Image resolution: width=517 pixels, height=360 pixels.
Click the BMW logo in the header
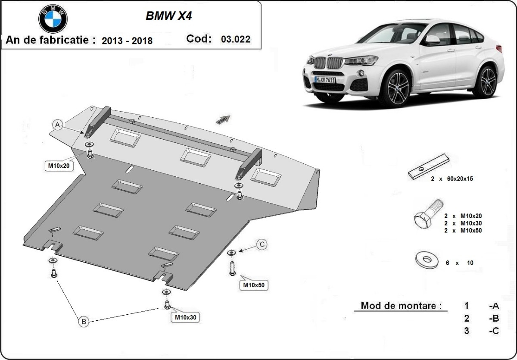click(x=53, y=19)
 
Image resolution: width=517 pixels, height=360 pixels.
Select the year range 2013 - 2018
click(x=127, y=41)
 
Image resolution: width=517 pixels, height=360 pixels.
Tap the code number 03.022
click(x=235, y=39)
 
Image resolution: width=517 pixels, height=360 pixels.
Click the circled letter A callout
click(x=58, y=125)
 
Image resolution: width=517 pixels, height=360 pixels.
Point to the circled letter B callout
click(x=84, y=321)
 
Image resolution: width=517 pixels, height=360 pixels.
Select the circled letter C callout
click(x=261, y=244)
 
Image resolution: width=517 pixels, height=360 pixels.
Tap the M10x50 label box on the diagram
click(x=254, y=285)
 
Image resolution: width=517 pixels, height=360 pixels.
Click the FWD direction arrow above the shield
click(x=224, y=119)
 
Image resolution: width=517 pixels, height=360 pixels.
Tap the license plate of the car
click(x=324, y=80)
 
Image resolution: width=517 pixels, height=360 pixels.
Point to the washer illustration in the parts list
click(x=427, y=260)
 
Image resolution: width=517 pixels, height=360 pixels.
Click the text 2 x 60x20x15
click(x=452, y=178)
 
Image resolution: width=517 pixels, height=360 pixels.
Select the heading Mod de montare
click(x=401, y=306)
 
